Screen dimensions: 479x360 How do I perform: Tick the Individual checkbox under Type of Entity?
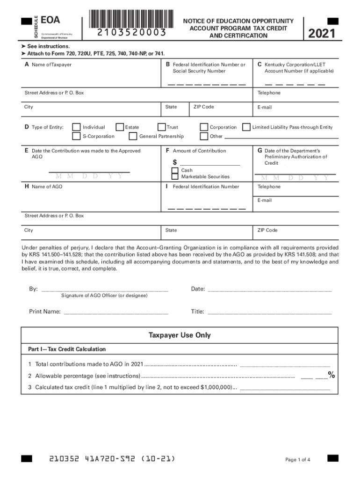coord(76,127)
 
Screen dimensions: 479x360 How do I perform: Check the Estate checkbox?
coord(120,127)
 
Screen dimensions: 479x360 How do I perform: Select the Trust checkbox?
coord(161,127)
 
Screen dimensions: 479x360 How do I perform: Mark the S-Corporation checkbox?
coord(76,137)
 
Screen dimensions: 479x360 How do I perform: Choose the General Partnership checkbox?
coord(133,137)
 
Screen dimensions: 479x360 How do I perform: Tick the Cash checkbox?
coord(174,170)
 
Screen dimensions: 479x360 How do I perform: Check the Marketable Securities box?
coord(174,177)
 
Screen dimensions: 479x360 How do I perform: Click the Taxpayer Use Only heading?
coord(180,335)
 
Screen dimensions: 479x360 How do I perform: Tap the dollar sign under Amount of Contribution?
coord(175,162)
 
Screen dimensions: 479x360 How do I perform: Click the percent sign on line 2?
coord(331,375)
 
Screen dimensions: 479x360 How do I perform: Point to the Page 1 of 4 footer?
coord(297,460)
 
